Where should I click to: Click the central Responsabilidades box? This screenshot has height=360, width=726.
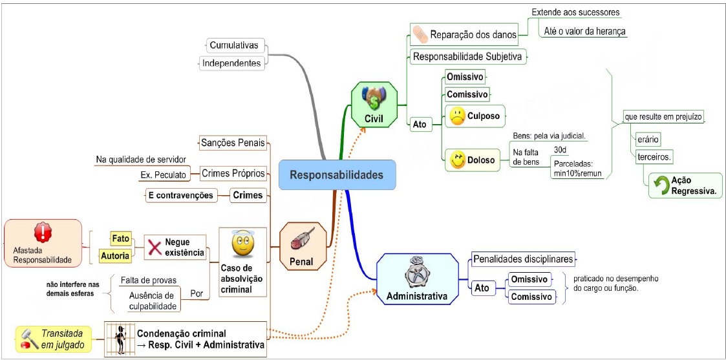tap(336, 175)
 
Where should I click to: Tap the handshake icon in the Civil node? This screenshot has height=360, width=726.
tap(373, 98)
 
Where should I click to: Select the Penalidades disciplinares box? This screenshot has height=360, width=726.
tap(523, 259)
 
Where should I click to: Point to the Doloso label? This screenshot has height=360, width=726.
tap(482, 160)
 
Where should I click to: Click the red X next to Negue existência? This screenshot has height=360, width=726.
tap(155, 247)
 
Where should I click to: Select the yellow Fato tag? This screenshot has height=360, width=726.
tap(120, 238)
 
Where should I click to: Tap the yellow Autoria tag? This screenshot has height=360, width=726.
tap(114, 256)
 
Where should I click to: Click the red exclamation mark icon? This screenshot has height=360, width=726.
tap(43, 231)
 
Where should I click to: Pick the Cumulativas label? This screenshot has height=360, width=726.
tap(233, 45)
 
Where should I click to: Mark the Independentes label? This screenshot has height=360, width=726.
tap(231, 63)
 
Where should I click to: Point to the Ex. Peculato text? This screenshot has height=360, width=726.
tap(163, 175)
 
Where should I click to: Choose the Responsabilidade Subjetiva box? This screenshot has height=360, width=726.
tap(467, 57)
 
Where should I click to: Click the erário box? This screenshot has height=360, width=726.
tap(647, 139)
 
